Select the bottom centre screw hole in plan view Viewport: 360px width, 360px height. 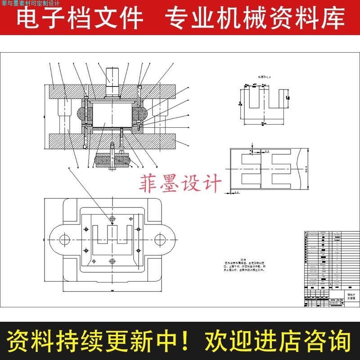point(112,261)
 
